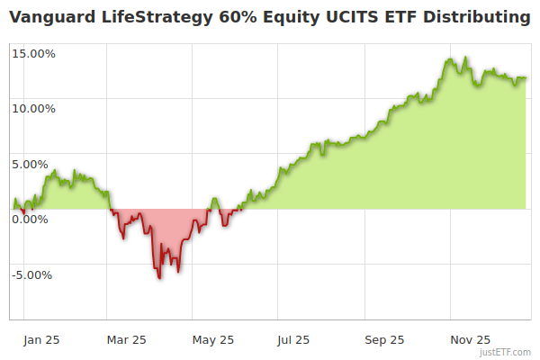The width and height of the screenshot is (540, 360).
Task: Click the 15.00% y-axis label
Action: click(x=33, y=53)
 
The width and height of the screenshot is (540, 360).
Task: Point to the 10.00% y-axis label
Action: click(x=33, y=109)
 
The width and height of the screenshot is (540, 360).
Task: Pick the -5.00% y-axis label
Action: click(x=34, y=275)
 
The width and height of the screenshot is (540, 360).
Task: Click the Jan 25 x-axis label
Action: click(x=41, y=340)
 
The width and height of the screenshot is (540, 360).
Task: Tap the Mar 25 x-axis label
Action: click(x=126, y=340)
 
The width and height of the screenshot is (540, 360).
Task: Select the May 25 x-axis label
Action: click(x=213, y=340)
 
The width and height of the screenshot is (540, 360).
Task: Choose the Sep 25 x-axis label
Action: click(x=384, y=340)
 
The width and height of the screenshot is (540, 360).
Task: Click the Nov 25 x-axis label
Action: click(x=471, y=340)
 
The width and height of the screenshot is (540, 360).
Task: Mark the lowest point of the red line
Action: click(x=160, y=278)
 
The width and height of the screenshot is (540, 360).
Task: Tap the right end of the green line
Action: click(x=526, y=78)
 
